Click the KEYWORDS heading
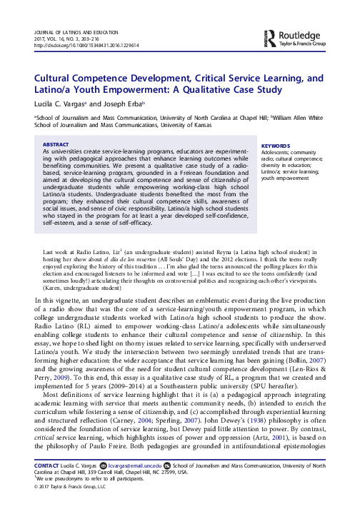pos(276,124)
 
